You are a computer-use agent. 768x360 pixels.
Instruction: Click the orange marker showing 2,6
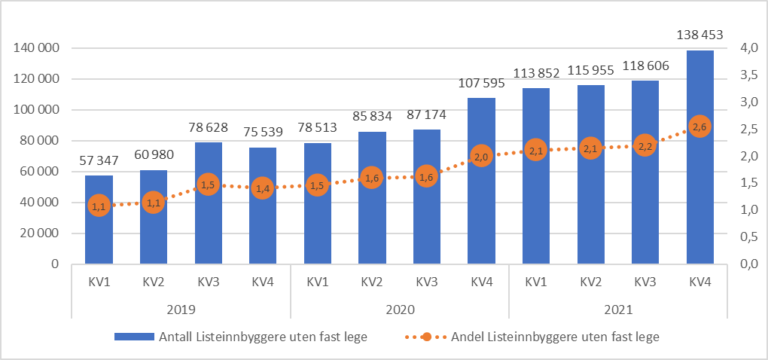[699, 127]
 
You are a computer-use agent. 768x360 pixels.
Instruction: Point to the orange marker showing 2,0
[481, 157]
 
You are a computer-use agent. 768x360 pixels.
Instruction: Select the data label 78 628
[208, 128]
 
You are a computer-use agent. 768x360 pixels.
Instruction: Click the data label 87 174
[426, 116]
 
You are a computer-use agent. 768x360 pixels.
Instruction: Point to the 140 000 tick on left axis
[37, 48]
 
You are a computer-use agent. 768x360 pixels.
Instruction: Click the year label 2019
[181, 310]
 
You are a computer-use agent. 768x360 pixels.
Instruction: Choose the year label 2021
[617, 310]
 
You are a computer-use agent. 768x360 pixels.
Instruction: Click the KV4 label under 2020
[481, 282]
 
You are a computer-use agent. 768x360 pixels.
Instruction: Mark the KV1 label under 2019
[99, 282]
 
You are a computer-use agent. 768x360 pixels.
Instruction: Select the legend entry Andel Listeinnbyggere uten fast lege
[554, 337]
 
